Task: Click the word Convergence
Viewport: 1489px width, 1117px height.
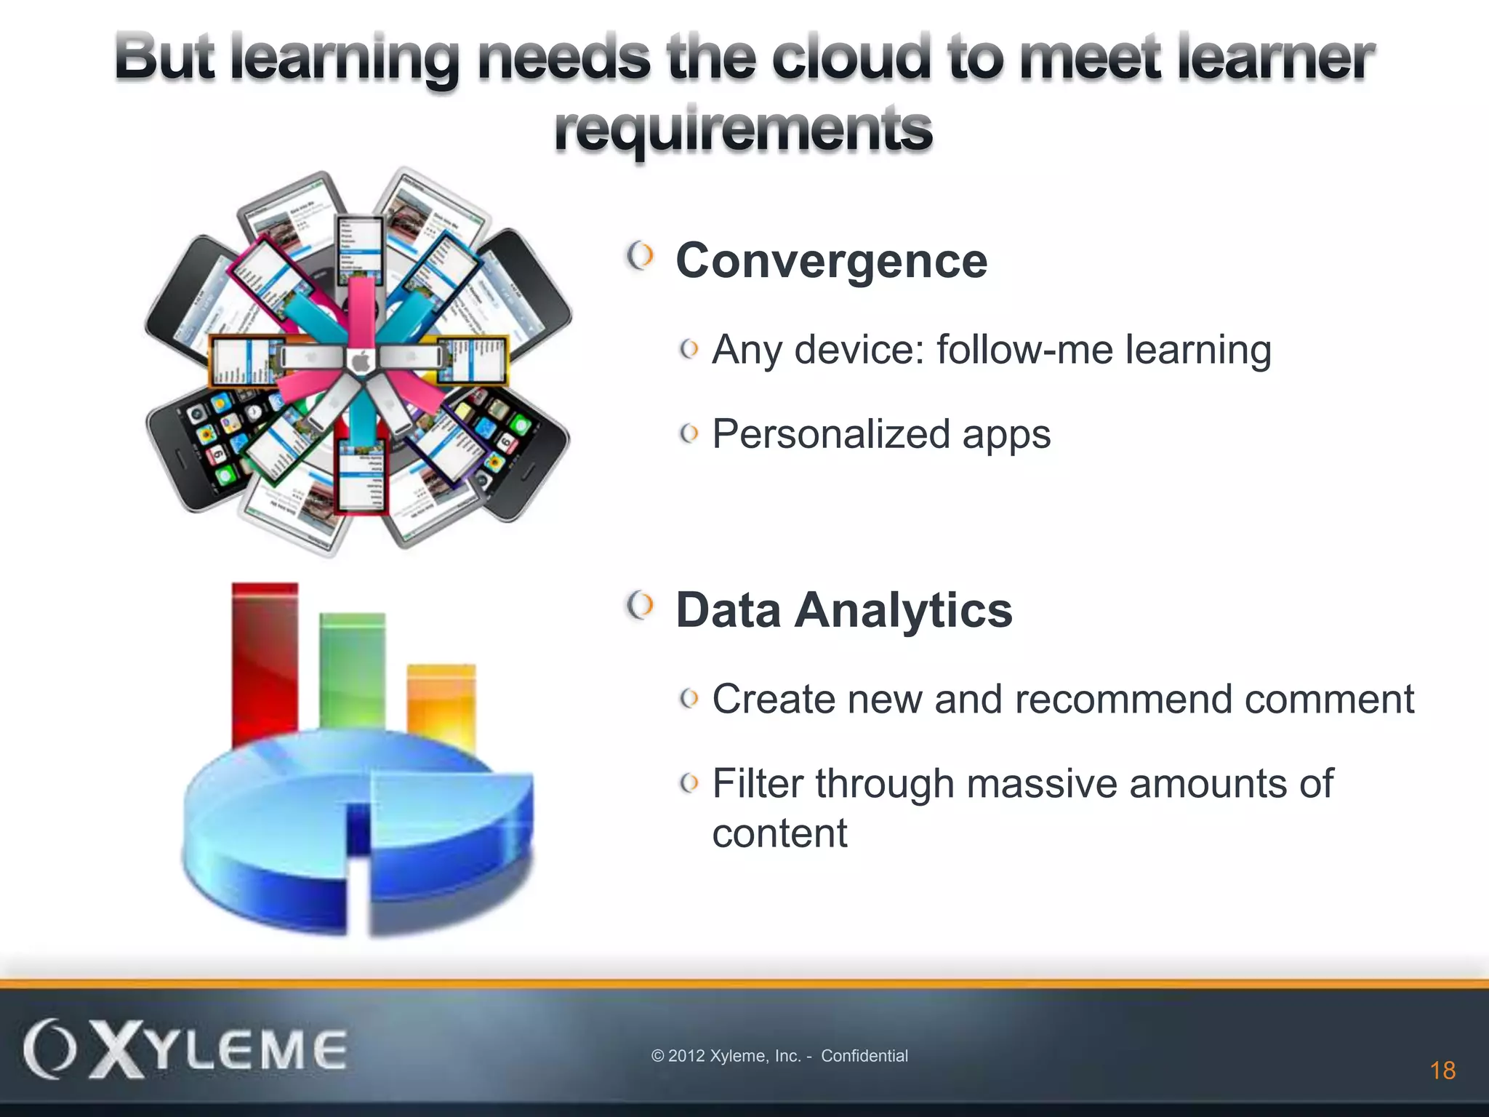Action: (831, 260)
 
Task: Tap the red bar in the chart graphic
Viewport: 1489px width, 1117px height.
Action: (265, 662)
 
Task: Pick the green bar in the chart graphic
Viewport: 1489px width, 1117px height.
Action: (353, 669)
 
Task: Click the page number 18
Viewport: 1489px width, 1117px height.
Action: (1442, 1070)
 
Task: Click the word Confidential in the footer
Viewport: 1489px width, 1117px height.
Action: (864, 1056)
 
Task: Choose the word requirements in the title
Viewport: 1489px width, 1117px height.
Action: (743, 129)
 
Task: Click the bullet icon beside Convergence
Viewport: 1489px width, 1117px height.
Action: (640, 257)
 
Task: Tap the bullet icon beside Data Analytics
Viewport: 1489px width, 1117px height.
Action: (640, 606)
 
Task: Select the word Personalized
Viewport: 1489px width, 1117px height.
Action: (831, 434)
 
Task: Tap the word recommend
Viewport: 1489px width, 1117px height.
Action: (1123, 700)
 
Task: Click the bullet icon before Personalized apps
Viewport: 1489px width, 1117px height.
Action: (689, 434)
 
